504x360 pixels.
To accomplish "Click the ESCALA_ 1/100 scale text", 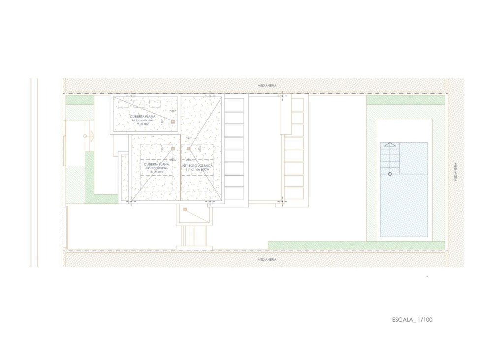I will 412,320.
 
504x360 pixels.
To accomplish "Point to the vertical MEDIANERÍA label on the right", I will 456,172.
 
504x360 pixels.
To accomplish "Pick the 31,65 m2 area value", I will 157,172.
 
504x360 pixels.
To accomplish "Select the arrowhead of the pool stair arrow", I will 389,145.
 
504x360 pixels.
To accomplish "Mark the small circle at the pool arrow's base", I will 390,174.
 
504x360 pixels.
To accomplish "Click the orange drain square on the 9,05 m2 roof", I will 173,121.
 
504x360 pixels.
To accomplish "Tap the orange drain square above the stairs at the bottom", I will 185,210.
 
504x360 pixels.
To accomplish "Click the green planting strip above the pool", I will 406,100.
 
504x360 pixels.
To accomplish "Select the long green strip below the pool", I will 356,245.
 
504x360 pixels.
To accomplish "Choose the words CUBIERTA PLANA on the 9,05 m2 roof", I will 143,116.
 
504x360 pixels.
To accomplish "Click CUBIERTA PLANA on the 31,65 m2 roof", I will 157,164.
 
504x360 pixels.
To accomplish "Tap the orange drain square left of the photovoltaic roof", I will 173,148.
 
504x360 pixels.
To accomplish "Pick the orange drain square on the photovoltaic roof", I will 189,148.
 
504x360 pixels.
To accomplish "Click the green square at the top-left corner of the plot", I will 80,100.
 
